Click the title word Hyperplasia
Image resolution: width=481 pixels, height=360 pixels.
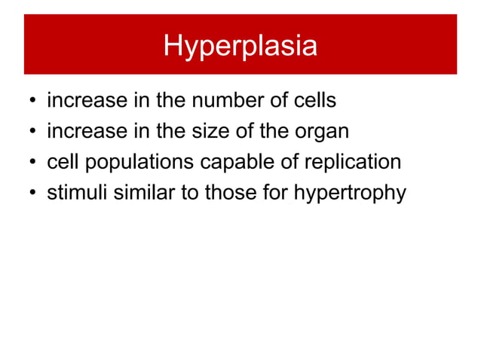tap(240, 46)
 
